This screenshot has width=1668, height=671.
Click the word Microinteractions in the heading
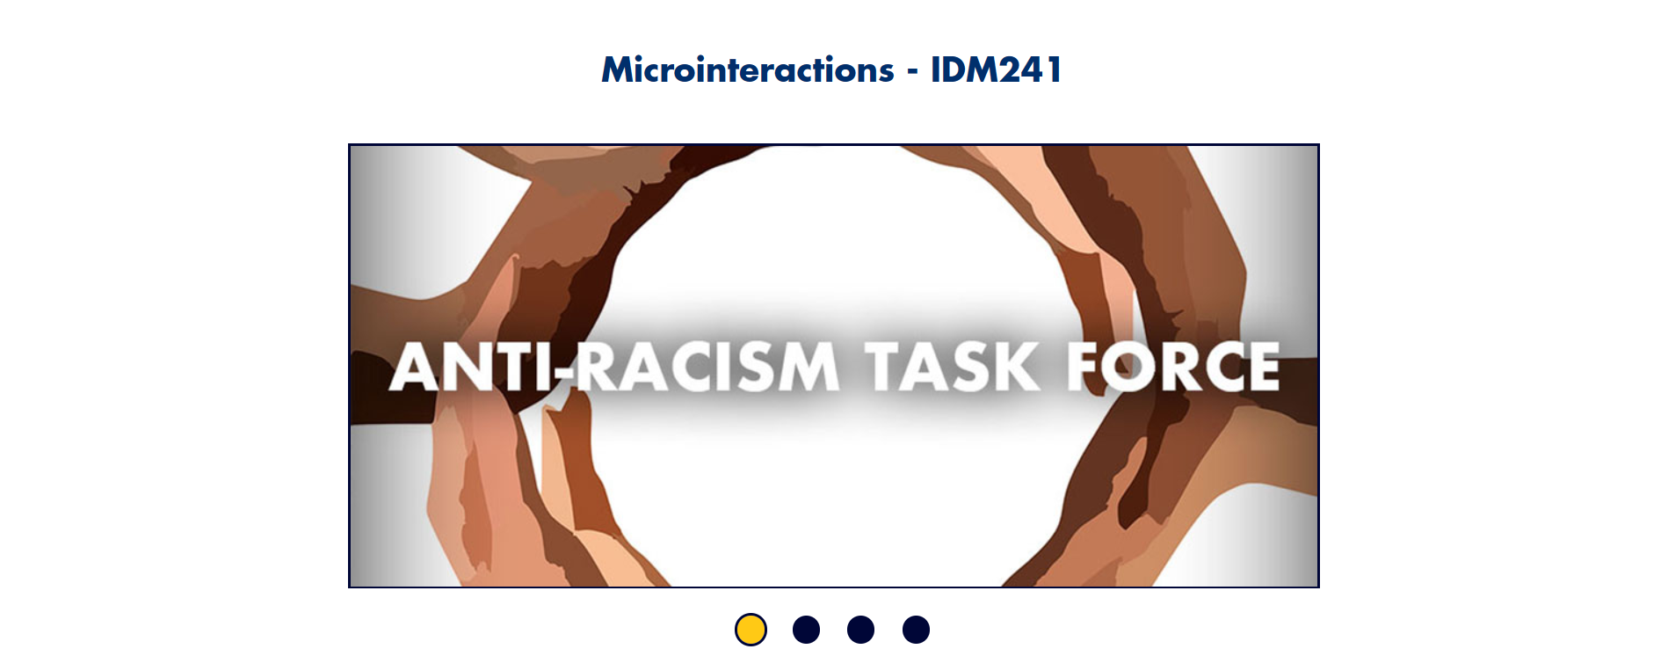pos(748,69)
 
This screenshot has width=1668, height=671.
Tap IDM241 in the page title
pos(996,69)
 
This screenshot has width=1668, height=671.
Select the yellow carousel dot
pos(751,630)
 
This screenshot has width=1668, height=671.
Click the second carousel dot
pos(806,630)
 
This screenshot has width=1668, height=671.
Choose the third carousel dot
pos(860,630)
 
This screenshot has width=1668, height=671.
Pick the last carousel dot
pos(916,630)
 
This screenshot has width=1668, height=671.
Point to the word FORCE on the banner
pos(1173,367)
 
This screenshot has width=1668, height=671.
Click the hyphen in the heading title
pos(912,71)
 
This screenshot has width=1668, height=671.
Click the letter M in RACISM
pos(805,367)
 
